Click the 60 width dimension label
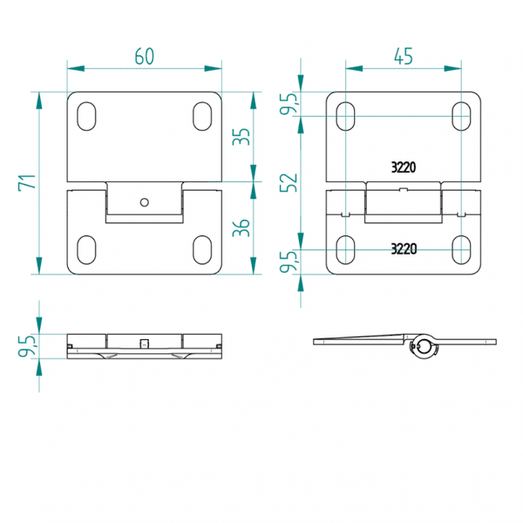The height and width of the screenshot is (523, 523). pyautogui.click(x=145, y=57)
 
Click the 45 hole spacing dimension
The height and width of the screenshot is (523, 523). pyautogui.click(x=404, y=57)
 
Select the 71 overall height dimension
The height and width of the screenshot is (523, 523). pyautogui.click(x=27, y=183)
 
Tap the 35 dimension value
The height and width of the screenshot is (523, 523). pyautogui.click(x=241, y=137)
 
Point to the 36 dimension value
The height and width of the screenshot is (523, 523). pyautogui.click(x=241, y=228)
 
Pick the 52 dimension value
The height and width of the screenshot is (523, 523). pyautogui.click(x=289, y=183)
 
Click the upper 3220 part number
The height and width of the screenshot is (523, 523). pyautogui.click(x=404, y=167)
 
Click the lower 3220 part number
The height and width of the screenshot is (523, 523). pyautogui.click(x=404, y=248)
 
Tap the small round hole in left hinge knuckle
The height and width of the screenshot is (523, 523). pyautogui.click(x=145, y=202)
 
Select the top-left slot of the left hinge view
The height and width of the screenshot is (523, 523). pyautogui.click(x=86, y=116)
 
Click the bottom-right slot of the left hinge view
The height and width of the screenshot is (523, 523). pyautogui.click(x=202, y=250)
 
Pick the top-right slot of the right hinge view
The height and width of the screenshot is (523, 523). pyautogui.click(x=461, y=116)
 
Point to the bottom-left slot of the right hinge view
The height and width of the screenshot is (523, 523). pyautogui.click(x=345, y=250)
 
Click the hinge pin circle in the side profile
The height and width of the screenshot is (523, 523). pyautogui.click(x=425, y=346)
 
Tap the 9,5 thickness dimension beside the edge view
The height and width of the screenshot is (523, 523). pyautogui.click(x=27, y=345)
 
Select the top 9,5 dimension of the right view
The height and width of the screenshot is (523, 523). pyautogui.click(x=289, y=104)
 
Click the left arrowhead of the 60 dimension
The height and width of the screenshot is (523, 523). pyautogui.click(x=76, y=68)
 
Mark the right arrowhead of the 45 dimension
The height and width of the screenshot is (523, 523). pyautogui.click(x=453, y=68)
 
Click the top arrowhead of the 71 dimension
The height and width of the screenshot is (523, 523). pyautogui.click(x=39, y=100)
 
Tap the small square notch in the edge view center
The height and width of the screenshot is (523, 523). pyautogui.click(x=144, y=343)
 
